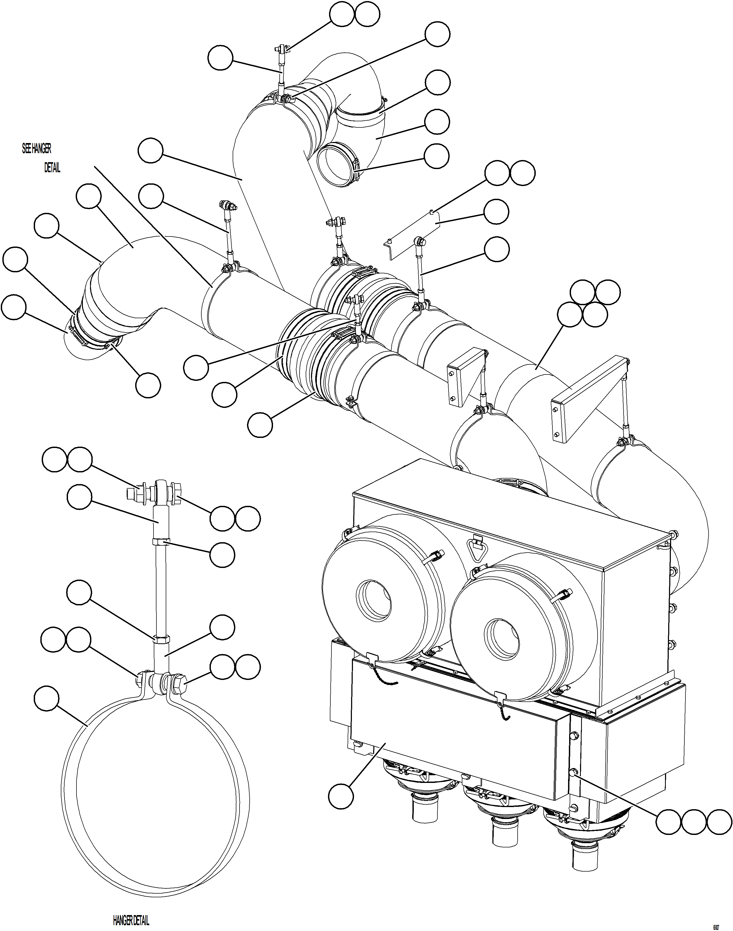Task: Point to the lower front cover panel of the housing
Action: pos(451,725)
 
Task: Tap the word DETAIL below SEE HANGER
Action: pos(52,168)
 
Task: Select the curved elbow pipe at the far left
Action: pos(116,292)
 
